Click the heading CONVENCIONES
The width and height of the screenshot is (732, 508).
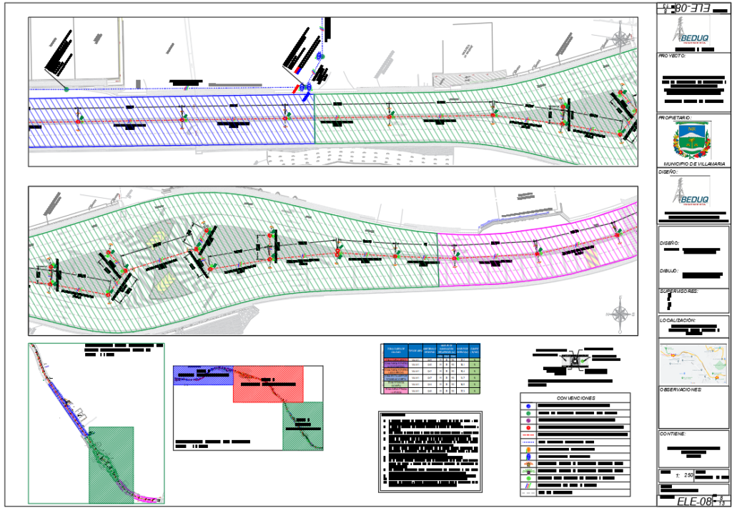(x=575, y=398)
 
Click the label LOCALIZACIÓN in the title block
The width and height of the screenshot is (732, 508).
(x=678, y=322)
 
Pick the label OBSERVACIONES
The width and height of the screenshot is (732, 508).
(x=681, y=390)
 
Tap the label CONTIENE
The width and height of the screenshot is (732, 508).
(x=673, y=434)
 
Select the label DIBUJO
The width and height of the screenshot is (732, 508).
(x=670, y=272)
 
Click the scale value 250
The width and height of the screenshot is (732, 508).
(x=688, y=475)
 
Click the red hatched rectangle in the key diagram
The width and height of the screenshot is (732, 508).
(x=268, y=384)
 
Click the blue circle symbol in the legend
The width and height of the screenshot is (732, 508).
(x=528, y=406)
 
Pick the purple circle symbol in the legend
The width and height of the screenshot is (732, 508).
(x=528, y=420)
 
